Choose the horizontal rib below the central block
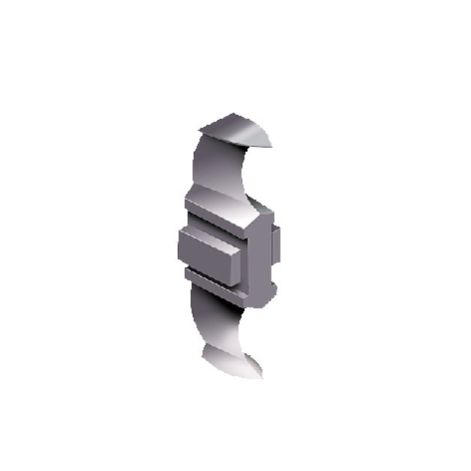tap(210, 278)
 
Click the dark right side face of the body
tap(263, 254)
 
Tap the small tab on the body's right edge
tap(276, 243)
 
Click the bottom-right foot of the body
tap(262, 296)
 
